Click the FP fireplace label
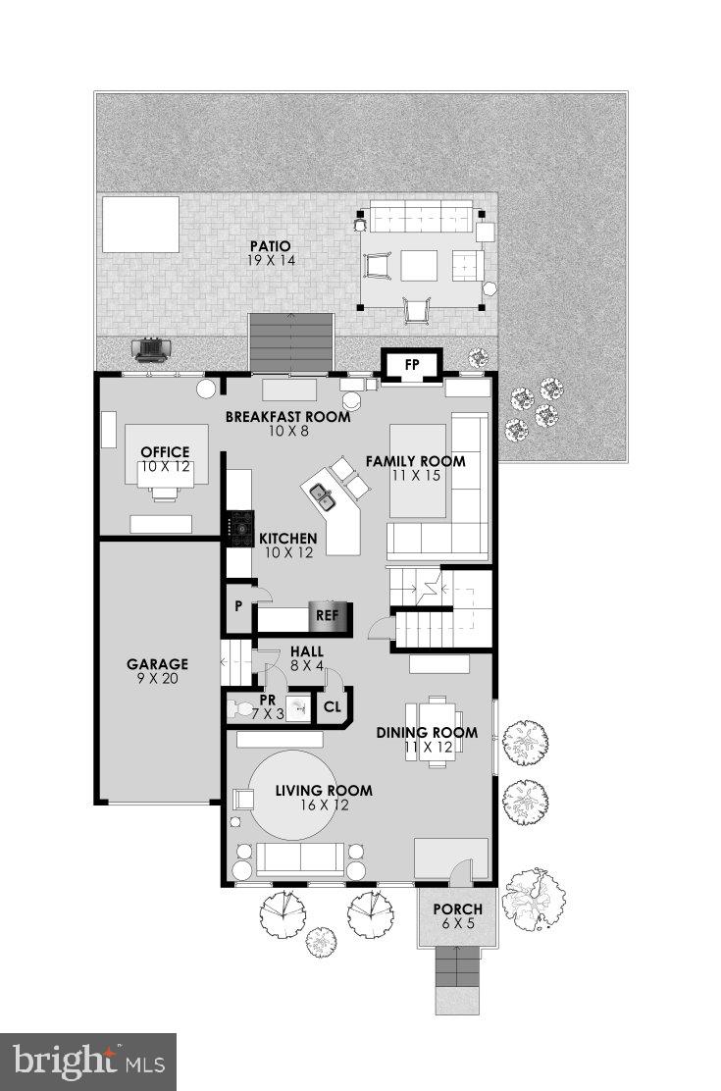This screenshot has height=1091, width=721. [x=413, y=365]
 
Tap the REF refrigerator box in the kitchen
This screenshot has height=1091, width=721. [x=327, y=617]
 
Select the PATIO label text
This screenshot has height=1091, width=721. [x=273, y=246]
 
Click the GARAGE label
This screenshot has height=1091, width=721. [x=157, y=664]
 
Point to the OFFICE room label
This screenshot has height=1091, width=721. [x=165, y=452]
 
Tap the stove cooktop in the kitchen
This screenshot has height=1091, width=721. [x=240, y=529]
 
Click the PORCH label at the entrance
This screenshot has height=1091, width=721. [x=458, y=909]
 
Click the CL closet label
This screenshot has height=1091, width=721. [x=333, y=705]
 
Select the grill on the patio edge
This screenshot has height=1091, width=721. [x=152, y=349]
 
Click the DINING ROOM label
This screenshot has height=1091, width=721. [x=440, y=732]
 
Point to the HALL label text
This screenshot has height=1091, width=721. [x=307, y=650]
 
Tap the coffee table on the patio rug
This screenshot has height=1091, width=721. [x=419, y=265]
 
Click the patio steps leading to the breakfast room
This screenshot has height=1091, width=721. [x=291, y=343]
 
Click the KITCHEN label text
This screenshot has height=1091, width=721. [x=287, y=539]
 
